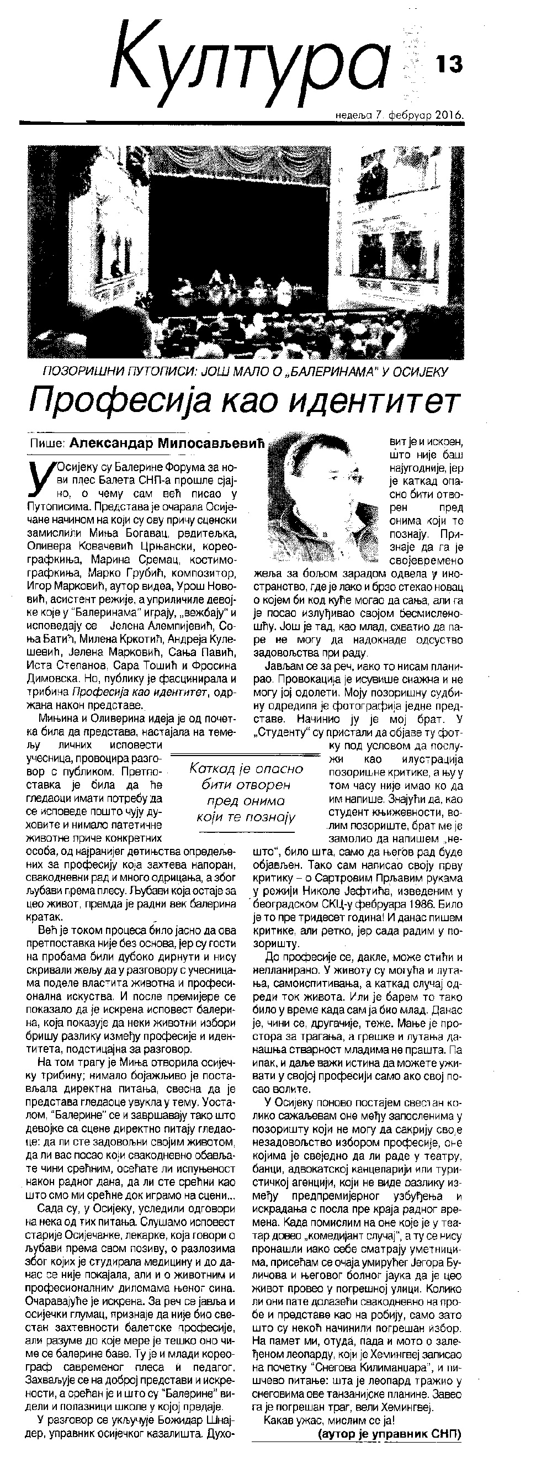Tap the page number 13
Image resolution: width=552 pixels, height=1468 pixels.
tap(450, 64)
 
